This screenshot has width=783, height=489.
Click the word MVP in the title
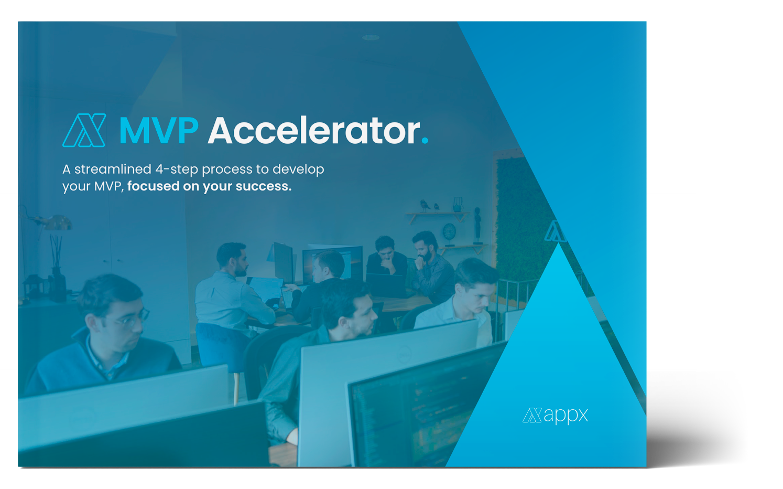(x=159, y=131)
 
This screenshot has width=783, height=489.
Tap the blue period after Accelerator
(x=425, y=140)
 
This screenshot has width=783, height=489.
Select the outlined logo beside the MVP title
(x=84, y=130)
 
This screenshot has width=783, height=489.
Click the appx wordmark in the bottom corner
(x=556, y=416)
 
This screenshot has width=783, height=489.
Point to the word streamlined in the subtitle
(x=113, y=169)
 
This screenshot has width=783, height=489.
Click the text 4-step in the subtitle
(x=177, y=170)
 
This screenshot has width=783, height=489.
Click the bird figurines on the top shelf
(x=429, y=206)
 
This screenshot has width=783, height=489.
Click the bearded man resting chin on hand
(x=432, y=267)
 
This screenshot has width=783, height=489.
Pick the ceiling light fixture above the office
(x=371, y=37)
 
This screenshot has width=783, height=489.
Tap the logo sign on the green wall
(x=556, y=231)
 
